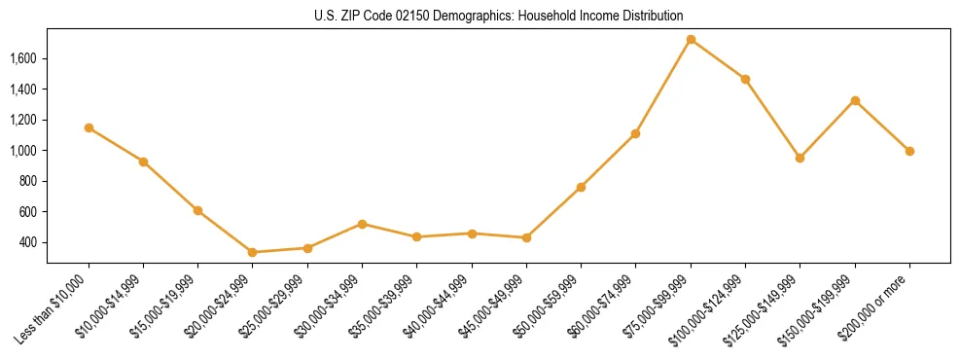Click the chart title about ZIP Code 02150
pos(498,16)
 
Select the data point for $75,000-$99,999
pos(691,40)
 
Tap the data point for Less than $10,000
pos(89,127)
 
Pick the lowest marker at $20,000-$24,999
pos(253,252)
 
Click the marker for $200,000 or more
pos(909,151)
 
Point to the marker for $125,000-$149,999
pos(800,158)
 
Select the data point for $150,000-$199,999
pos(855,100)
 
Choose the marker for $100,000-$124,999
pos(745,79)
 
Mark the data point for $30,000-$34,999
pos(362,224)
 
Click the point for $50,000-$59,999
pos(581,187)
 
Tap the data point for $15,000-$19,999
pos(197,210)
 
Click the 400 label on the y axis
pos(27,242)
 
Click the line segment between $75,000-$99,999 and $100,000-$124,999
pos(718,59)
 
